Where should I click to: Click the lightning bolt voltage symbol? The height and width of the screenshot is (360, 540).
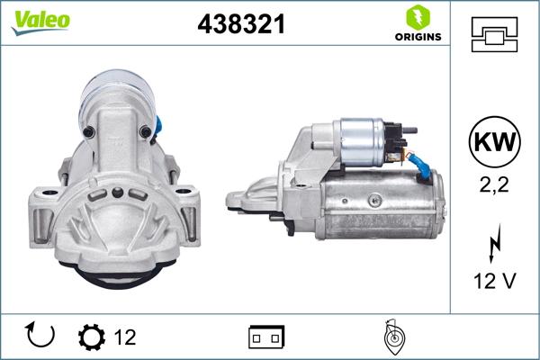tap(494, 245)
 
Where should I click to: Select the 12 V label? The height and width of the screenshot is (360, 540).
tap(494, 283)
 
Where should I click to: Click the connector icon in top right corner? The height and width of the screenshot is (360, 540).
tap(494, 36)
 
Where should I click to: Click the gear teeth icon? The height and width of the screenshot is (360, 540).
tap(92, 337)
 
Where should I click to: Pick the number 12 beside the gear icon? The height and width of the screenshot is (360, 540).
tap(125, 337)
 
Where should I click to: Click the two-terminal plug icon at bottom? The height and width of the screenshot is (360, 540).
tap(267, 337)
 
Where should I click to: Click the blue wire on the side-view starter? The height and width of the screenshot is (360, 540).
tap(420, 162)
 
